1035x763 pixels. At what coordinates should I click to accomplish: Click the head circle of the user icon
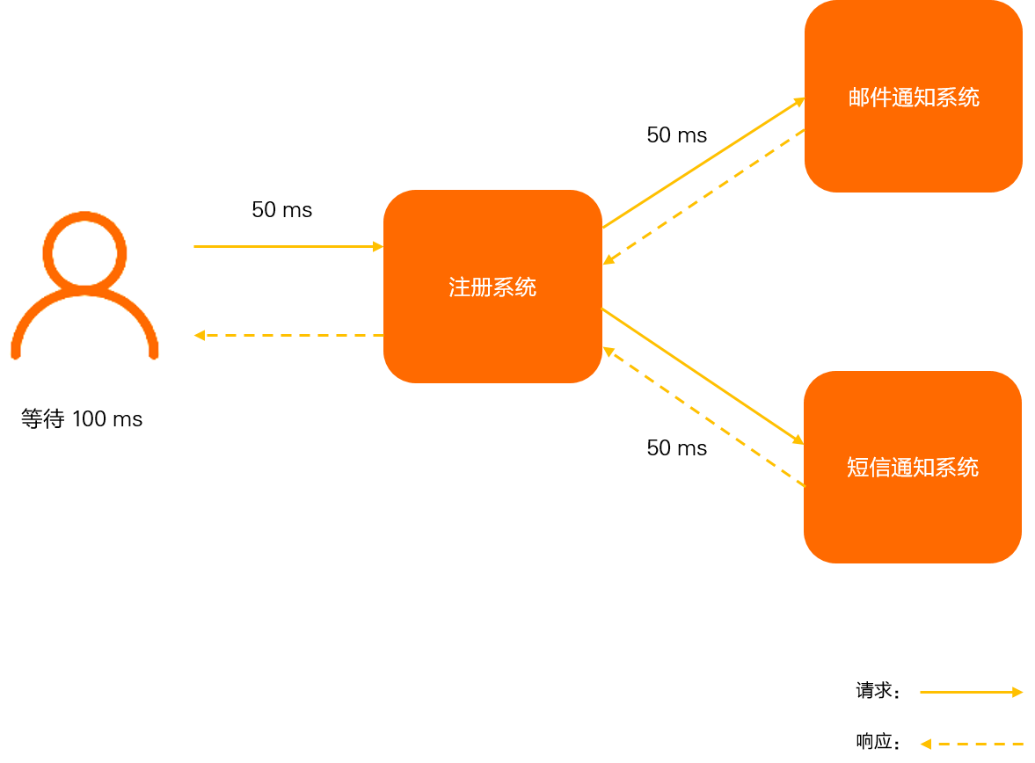pos(84,251)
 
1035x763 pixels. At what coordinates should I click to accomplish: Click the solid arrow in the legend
pos(967,693)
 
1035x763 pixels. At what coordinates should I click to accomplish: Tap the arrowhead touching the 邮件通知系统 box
pos(799,101)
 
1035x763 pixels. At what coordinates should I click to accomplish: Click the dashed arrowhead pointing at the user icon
pos(200,335)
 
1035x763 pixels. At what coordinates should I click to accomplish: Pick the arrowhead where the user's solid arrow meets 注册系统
pos(378,247)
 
